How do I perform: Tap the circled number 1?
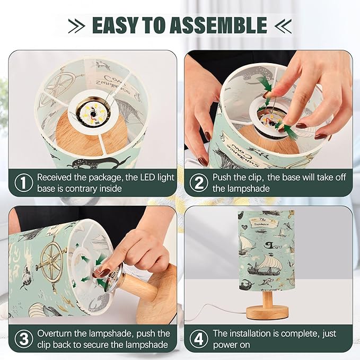[23, 182]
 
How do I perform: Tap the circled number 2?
[199, 182]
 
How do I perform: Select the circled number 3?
[23, 339]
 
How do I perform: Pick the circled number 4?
[199, 339]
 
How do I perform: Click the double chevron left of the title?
[77, 25]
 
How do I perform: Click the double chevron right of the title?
[283, 25]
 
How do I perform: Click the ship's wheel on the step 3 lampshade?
[52, 261]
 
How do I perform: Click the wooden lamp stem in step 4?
[267, 299]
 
